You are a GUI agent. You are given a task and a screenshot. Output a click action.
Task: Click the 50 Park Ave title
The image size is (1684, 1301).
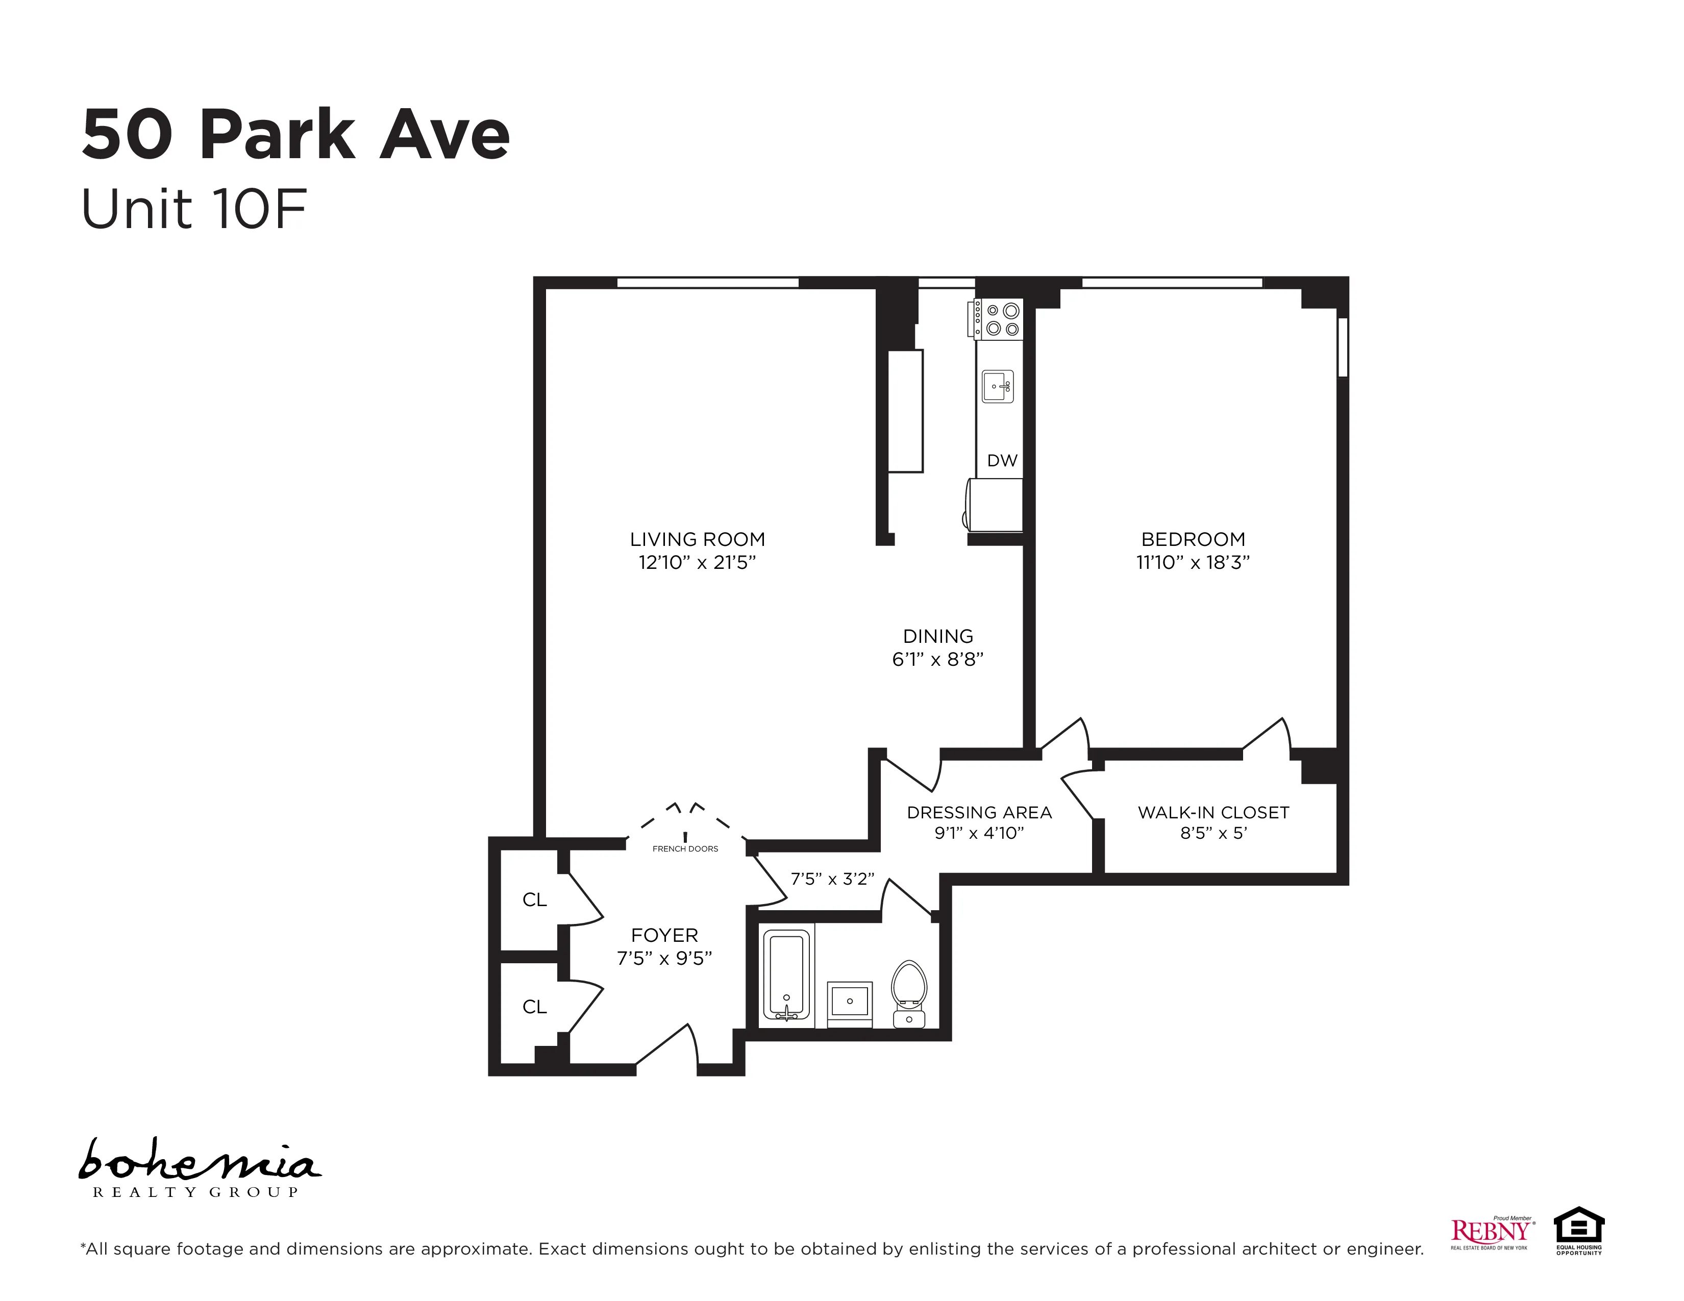295,136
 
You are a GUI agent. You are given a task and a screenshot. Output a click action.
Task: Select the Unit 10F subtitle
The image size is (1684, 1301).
194,210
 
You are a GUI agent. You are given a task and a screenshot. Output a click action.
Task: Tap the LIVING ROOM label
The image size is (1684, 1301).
697,539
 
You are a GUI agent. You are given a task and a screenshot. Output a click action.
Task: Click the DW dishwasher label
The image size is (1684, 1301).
1002,461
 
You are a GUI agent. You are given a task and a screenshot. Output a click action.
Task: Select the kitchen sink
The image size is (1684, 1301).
997,386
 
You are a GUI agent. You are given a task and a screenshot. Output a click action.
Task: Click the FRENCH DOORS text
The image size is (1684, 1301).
685,848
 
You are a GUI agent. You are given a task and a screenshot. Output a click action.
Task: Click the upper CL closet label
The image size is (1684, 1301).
534,900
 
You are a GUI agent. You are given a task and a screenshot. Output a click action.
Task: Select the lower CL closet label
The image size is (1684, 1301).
534,1007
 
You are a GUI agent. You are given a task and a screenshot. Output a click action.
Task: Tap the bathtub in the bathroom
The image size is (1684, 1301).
786,975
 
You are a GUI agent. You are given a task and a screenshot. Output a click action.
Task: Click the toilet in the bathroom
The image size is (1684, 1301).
908,991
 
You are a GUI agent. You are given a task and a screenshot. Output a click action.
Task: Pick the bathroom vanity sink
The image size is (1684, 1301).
849,1003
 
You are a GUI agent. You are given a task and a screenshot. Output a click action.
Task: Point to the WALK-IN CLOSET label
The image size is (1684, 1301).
1213,812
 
